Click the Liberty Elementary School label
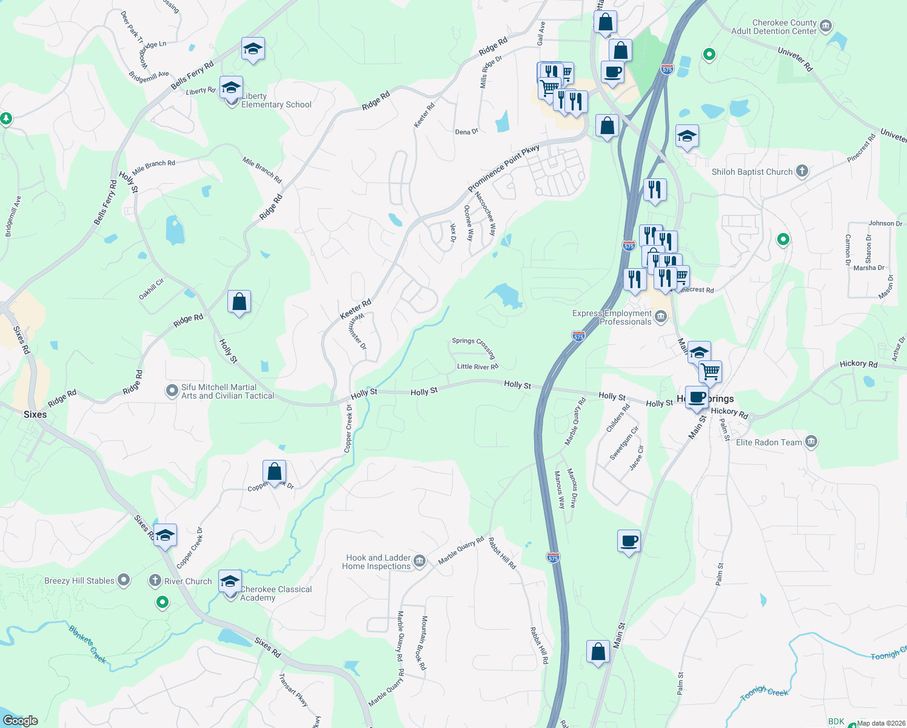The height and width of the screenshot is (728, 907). click(x=276, y=101)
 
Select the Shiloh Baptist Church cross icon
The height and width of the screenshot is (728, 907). click(x=802, y=171)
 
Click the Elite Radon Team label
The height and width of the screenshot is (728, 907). click(x=768, y=443)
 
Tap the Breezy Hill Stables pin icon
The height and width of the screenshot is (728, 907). click(x=124, y=580)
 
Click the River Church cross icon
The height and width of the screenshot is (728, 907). click(x=155, y=581)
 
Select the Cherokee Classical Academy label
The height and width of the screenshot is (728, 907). click(x=276, y=593)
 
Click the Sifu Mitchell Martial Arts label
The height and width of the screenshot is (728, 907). click(x=227, y=391)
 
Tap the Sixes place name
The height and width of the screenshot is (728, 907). click(x=35, y=414)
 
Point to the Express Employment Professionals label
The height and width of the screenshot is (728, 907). click(x=612, y=318)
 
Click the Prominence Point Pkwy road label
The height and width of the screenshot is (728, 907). click(x=503, y=169)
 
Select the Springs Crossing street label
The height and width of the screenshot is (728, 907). click(x=474, y=347)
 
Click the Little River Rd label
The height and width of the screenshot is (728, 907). click(x=478, y=366)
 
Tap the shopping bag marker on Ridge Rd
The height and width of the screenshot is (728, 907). click(x=239, y=302)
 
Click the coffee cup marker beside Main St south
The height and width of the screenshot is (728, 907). click(x=629, y=541)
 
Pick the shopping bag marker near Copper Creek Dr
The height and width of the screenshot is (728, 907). click(x=274, y=471)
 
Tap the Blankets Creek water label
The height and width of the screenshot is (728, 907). click(x=88, y=644)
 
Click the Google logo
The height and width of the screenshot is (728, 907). click(x=21, y=720)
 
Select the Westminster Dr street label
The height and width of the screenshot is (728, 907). click(x=356, y=332)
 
